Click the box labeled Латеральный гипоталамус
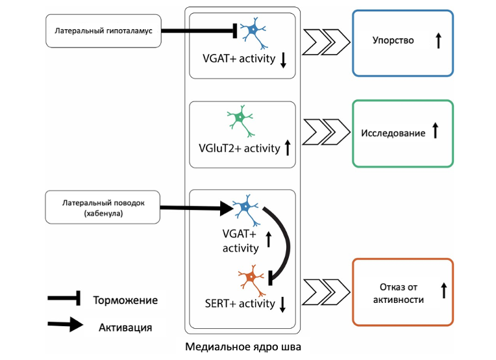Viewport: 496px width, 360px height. [x=103, y=31]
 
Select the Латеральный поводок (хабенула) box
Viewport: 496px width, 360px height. [x=103, y=207]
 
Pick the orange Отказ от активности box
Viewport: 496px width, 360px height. [x=403, y=291]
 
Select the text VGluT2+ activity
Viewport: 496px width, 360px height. [x=240, y=148]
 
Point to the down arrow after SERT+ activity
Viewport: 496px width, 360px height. [x=282, y=303]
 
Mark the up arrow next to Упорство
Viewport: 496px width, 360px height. [x=439, y=41]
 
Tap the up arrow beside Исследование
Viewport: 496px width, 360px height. [x=436, y=132]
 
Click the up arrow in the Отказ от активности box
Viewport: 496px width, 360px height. [x=444, y=290]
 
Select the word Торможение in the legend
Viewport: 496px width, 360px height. [x=125, y=300]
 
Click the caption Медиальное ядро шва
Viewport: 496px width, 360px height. [x=243, y=348]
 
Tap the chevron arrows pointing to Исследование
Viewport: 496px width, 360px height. [x=327, y=133]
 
